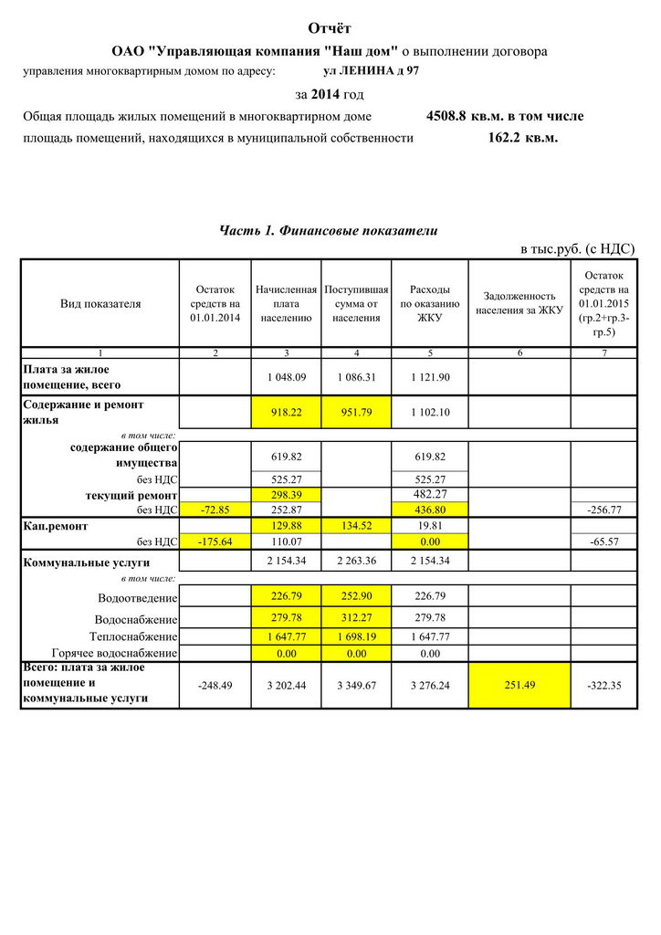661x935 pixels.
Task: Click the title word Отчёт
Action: coord(330,29)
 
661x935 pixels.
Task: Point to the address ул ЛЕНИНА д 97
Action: coord(372,70)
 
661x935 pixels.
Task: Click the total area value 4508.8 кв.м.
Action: coord(466,116)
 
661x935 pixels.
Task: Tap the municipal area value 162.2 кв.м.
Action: coord(523,138)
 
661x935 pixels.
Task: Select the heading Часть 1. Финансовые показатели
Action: coord(329,230)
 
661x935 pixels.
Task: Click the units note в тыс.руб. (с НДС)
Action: coord(577,248)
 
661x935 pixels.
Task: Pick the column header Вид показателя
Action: coord(100,303)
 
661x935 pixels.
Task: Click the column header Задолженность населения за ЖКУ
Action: coord(519,303)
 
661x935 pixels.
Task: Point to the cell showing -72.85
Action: coord(215,509)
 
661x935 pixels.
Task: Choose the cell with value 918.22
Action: coord(286,413)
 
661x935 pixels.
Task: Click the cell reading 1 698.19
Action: coord(356,636)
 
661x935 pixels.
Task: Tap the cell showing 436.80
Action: coord(430,509)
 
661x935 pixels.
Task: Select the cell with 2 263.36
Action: coord(356,561)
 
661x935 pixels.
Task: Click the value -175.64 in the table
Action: coord(215,541)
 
